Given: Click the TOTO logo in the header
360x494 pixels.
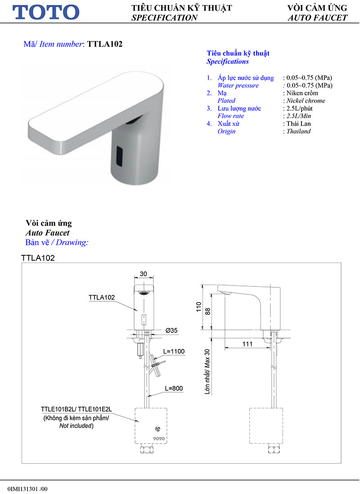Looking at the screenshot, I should click(46, 12).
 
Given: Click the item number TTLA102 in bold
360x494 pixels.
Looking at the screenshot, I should click(105, 44).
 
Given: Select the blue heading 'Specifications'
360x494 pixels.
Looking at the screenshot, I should click(228, 62).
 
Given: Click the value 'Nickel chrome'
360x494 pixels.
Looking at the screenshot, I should click(306, 101).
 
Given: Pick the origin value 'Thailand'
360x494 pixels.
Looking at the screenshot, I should click(299, 131).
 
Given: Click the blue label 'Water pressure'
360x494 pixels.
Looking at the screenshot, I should click(238, 86).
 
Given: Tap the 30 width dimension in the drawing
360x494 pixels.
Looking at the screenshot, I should click(144, 274).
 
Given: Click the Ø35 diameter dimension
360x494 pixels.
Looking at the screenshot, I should click(171, 331).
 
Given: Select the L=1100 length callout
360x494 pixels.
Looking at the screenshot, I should click(174, 351).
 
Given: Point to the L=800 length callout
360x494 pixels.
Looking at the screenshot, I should click(173, 388).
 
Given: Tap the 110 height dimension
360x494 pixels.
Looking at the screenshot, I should click(198, 308).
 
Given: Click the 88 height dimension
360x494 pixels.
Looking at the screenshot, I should click(207, 311).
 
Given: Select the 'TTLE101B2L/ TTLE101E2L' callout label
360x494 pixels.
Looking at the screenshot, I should click(76, 410).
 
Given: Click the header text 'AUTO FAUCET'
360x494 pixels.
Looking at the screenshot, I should click(317, 18).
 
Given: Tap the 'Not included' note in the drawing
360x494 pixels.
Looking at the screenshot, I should click(76, 426).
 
